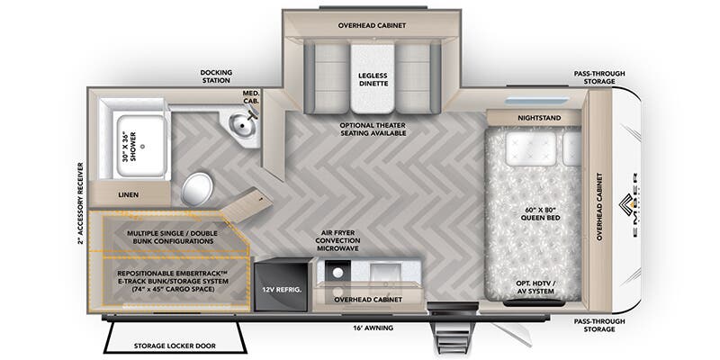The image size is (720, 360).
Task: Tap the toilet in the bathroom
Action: [x=198, y=189]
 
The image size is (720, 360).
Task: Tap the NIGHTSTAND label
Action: [x=535, y=118]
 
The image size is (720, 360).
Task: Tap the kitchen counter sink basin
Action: [x=389, y=270]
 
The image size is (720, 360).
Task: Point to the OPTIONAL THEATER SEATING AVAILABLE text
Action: [x=373, y=129]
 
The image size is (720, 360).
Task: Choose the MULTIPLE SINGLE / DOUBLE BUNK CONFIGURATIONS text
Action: [x=170, y=237]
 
